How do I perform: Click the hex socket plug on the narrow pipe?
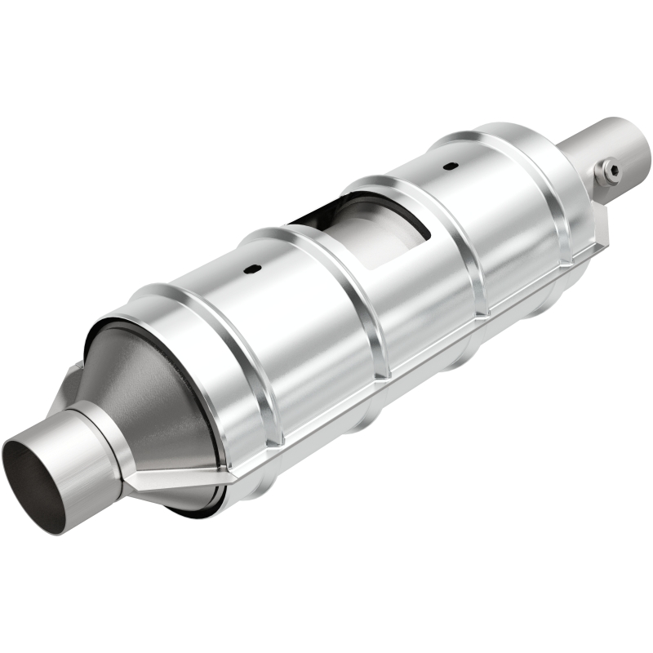607,171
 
